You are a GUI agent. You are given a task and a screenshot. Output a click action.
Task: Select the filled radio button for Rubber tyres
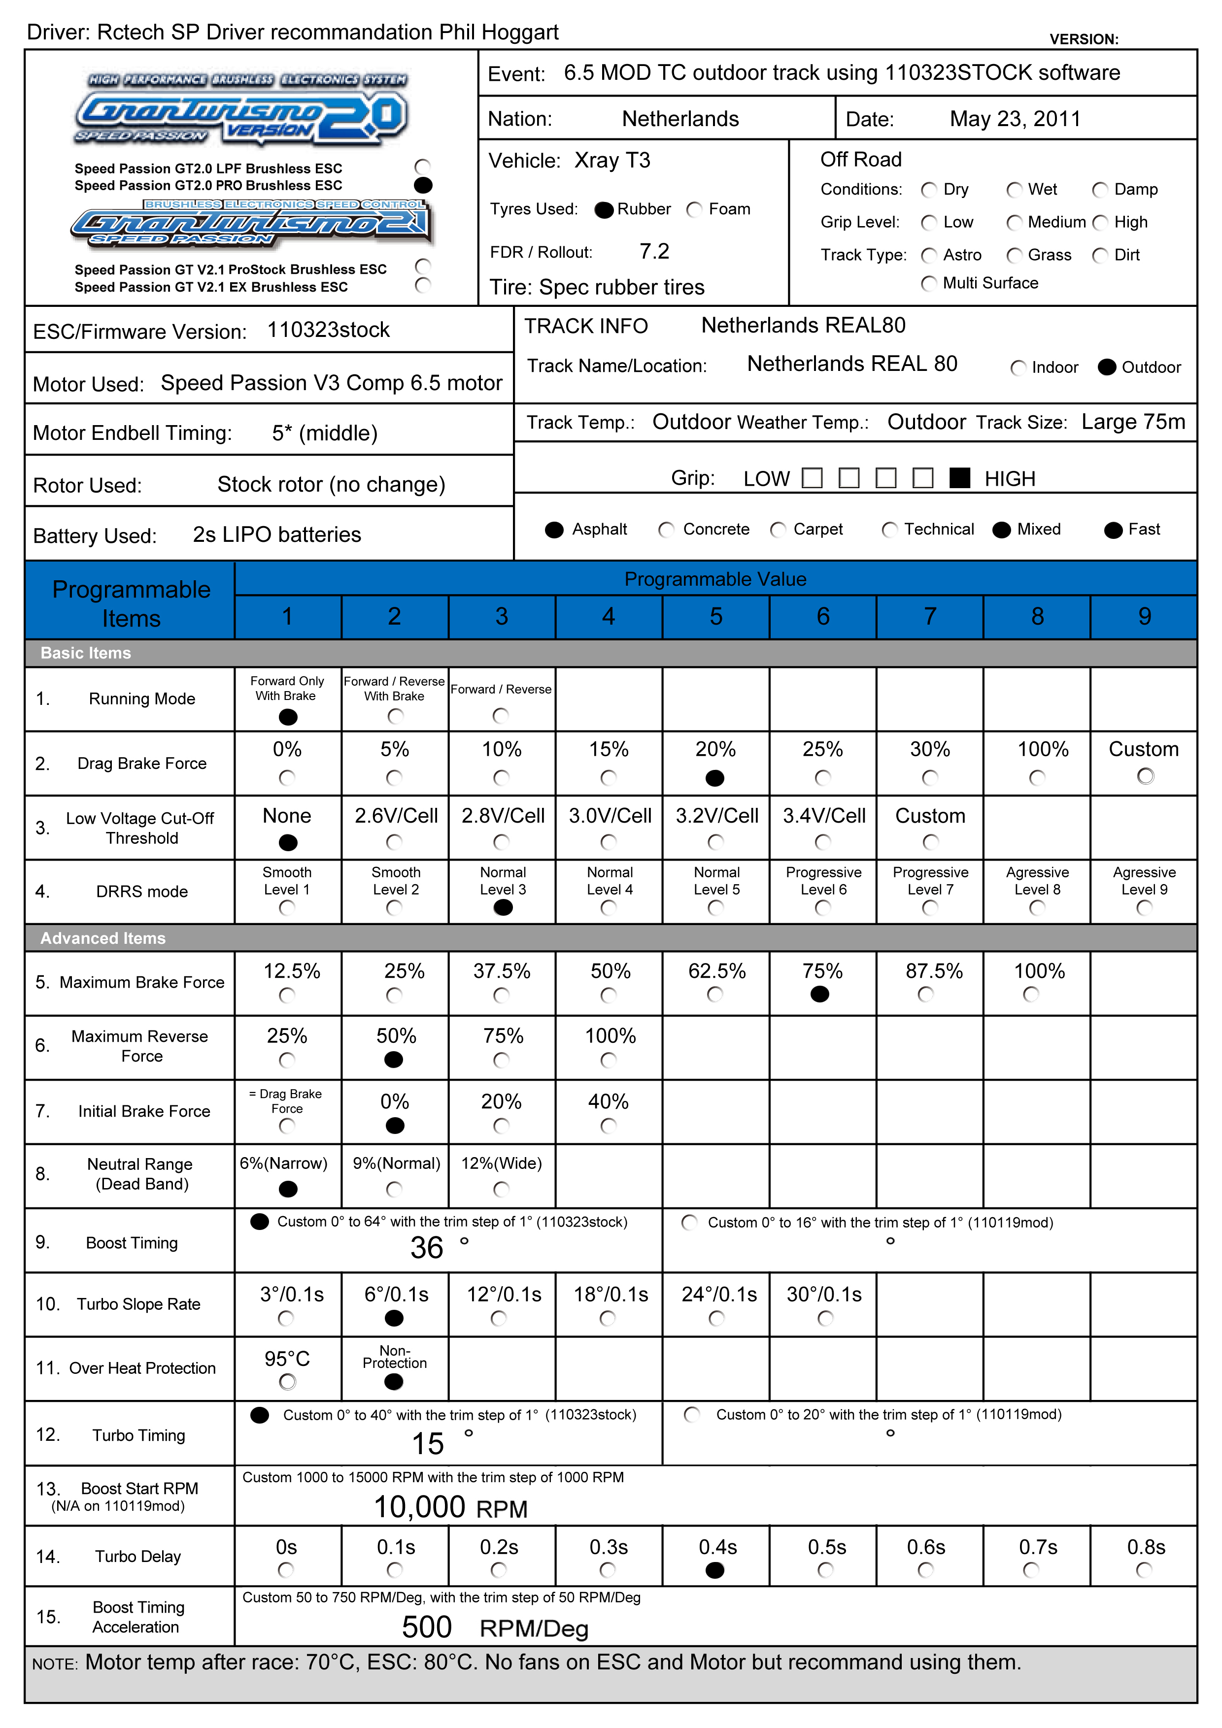coord(604,210)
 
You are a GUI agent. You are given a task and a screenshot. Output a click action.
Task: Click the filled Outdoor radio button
coord(1106,367)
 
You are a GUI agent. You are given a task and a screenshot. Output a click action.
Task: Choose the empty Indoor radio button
coord(1018,368)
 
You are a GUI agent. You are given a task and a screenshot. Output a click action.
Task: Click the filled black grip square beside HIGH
coord(959,478)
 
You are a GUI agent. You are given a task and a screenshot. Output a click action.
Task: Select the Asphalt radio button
coord(554,530)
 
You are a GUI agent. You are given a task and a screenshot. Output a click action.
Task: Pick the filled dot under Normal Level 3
coord(503,908)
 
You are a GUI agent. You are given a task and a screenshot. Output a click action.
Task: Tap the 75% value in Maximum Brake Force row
coord(822,971)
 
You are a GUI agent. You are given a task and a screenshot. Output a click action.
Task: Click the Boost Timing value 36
coord(427,1248)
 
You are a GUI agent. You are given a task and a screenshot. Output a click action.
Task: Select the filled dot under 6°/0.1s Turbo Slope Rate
coord(394,1318)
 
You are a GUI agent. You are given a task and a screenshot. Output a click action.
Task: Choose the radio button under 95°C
coord(287,1382)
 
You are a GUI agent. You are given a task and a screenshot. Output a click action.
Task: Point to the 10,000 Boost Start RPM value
coord(419,1507)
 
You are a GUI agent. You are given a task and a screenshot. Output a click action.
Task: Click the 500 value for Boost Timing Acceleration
coord(427,1627)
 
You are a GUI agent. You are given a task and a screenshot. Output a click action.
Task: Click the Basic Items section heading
coord(86,653)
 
